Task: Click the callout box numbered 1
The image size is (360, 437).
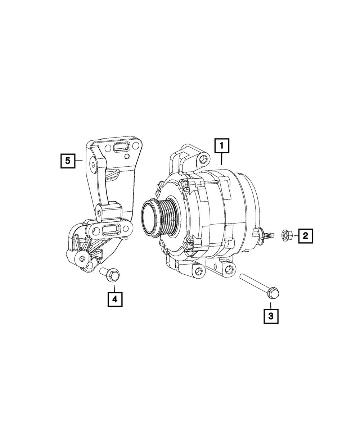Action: (222, 146)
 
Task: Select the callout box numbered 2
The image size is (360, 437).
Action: (306, 236)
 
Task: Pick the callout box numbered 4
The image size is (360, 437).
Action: (115, 299)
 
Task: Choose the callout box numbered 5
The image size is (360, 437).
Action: (68, 161)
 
